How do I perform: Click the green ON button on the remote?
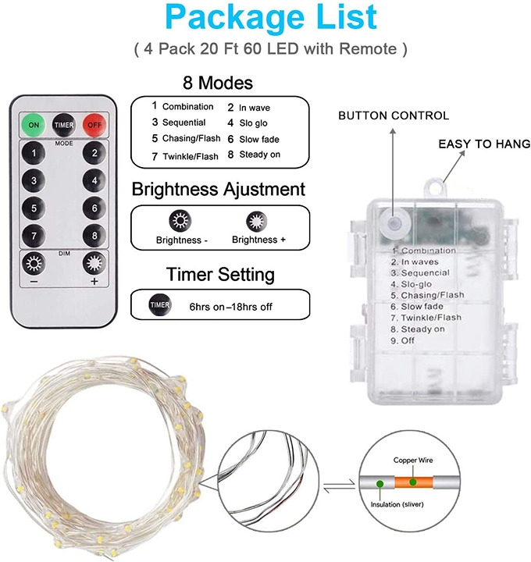34,124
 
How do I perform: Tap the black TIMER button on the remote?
63,124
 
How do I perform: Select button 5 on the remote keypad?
34,208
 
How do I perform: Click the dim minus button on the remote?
34,263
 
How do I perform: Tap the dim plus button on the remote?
94,263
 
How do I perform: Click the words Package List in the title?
271,19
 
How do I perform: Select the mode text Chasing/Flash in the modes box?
188,139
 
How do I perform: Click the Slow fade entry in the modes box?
258,139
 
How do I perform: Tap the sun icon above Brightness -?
181,221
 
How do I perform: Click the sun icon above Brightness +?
255,221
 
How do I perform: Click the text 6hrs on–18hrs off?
230,306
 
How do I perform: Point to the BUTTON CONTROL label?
393,116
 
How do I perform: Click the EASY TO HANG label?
483,144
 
